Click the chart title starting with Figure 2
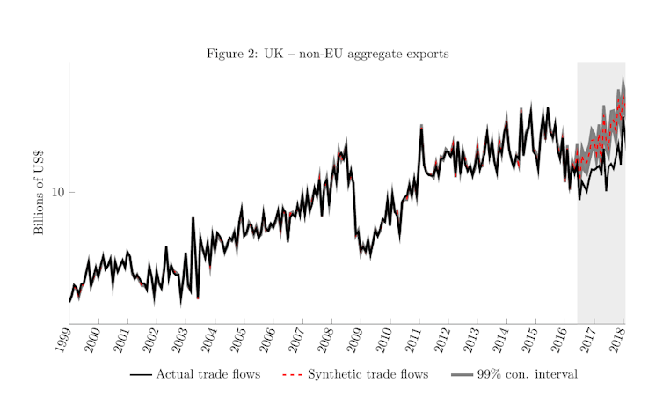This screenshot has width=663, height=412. tap(327, 54)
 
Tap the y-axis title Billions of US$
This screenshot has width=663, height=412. tap(40, 192)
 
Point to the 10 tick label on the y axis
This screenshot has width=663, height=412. tap(56, 192)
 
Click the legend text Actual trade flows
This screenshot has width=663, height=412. tap(208, 375)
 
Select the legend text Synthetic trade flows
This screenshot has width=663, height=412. tap(368, 375)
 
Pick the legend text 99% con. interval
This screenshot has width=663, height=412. tap(527, 375)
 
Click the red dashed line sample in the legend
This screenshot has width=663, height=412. tap(291, 375)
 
